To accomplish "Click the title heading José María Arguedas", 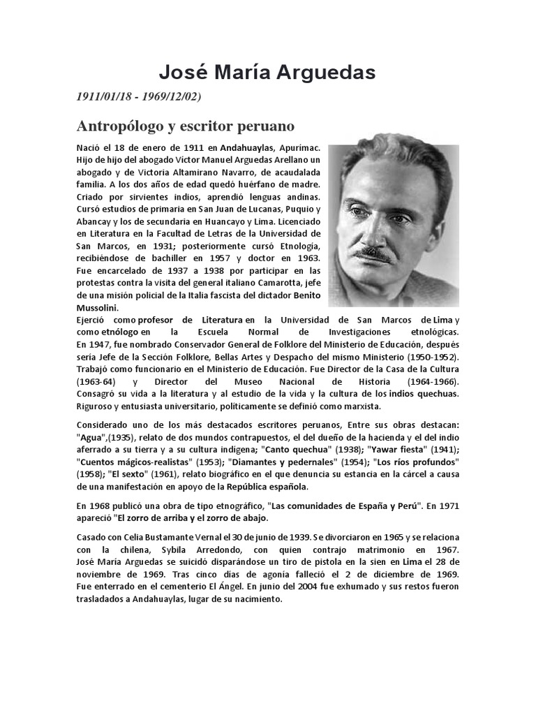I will point(268,72).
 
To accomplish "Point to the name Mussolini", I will point(98,307).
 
